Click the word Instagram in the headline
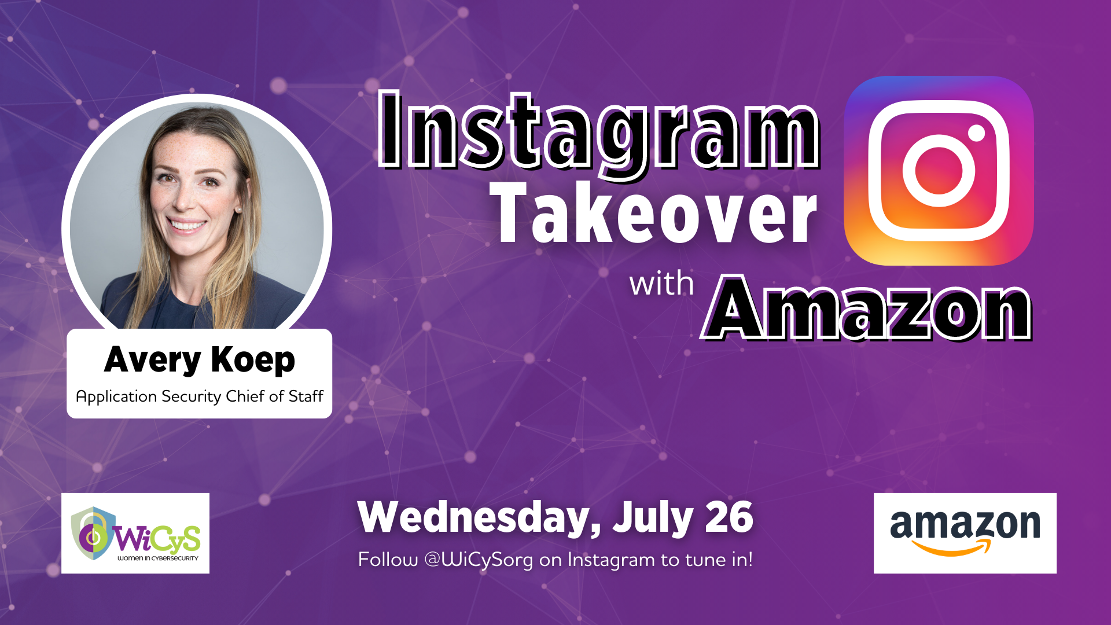click(x=599, y=132)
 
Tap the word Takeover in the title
click(x=653, y=214)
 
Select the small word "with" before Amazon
click(x=661, y=284)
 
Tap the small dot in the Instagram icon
click(x=977, y=133)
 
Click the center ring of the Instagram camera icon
click(x=939, y=171)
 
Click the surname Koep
click(x=253, y=360)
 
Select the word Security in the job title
click(x=192, y=396)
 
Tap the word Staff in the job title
click(x=306, y=396)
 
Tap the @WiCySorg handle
click(x=479, y=560)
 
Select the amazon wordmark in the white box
click(x=965, y=525)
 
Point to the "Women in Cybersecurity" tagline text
click(x=158, y=558)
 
